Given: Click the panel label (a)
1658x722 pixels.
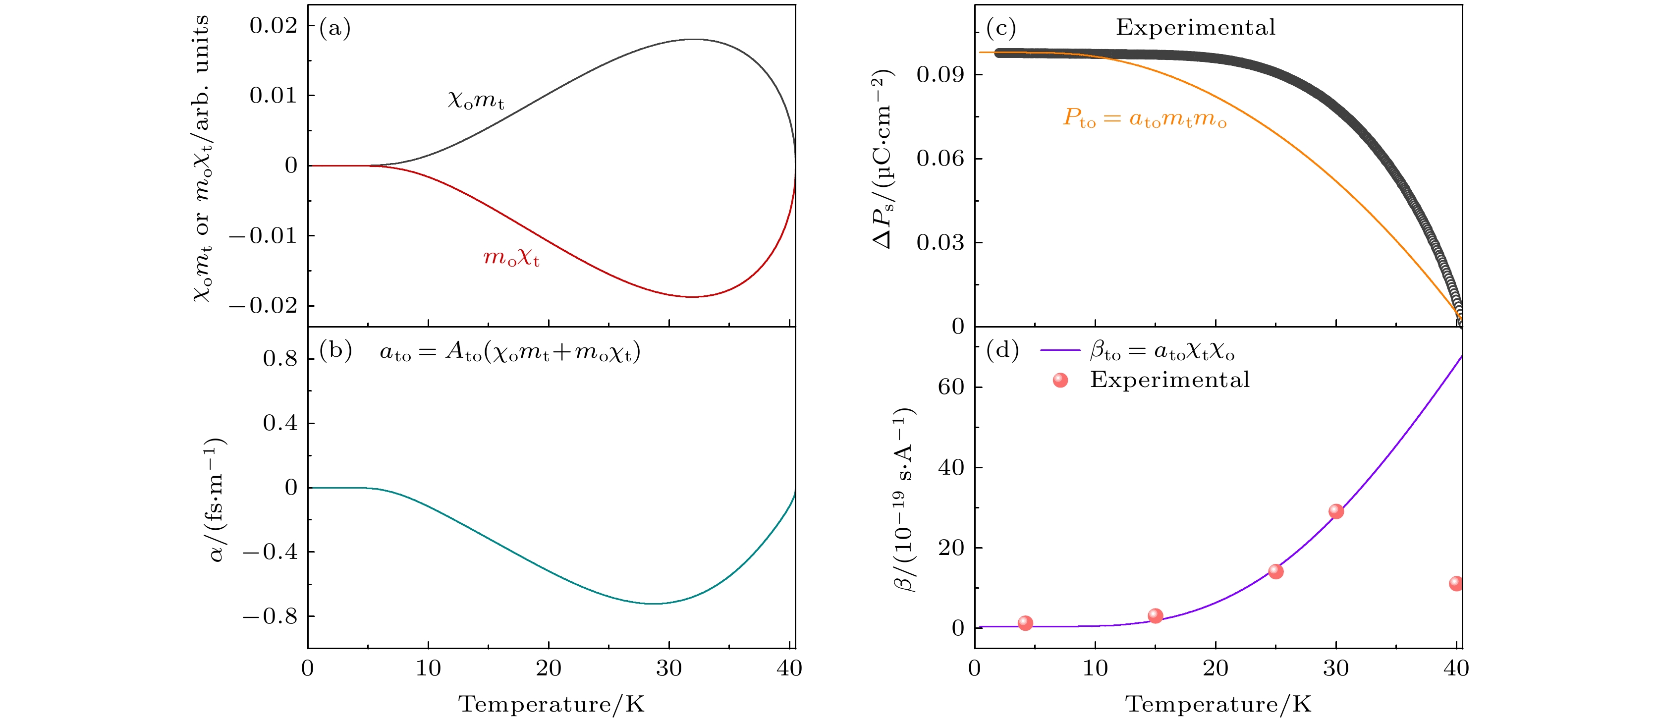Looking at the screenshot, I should (x=334, y=29).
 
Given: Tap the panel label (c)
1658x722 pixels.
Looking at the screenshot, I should (x=1001, y=29).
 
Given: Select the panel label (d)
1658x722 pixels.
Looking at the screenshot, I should (x=1002, y=351).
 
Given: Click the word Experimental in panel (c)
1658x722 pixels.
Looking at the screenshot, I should (x=1195, y=28).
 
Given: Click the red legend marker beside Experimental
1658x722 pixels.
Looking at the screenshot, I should (x=1060, y=380).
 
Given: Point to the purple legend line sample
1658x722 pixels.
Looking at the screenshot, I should (x=1059, y=351).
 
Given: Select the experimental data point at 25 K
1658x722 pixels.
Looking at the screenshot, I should (x=1275, y=571).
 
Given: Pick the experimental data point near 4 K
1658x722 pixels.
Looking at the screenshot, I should (x=1025, y=623).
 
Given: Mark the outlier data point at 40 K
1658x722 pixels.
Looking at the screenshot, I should (x=1456, y=584).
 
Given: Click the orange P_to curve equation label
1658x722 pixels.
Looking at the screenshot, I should (x=1144, y=119).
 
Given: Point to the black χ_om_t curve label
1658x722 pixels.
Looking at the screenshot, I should (x=476, y=101).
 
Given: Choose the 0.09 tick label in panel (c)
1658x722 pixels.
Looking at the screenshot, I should (x=940, y=75).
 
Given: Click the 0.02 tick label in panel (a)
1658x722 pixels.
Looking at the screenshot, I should (x=274, y=26).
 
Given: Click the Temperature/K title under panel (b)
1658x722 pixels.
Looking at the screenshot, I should (x=551, y=704).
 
